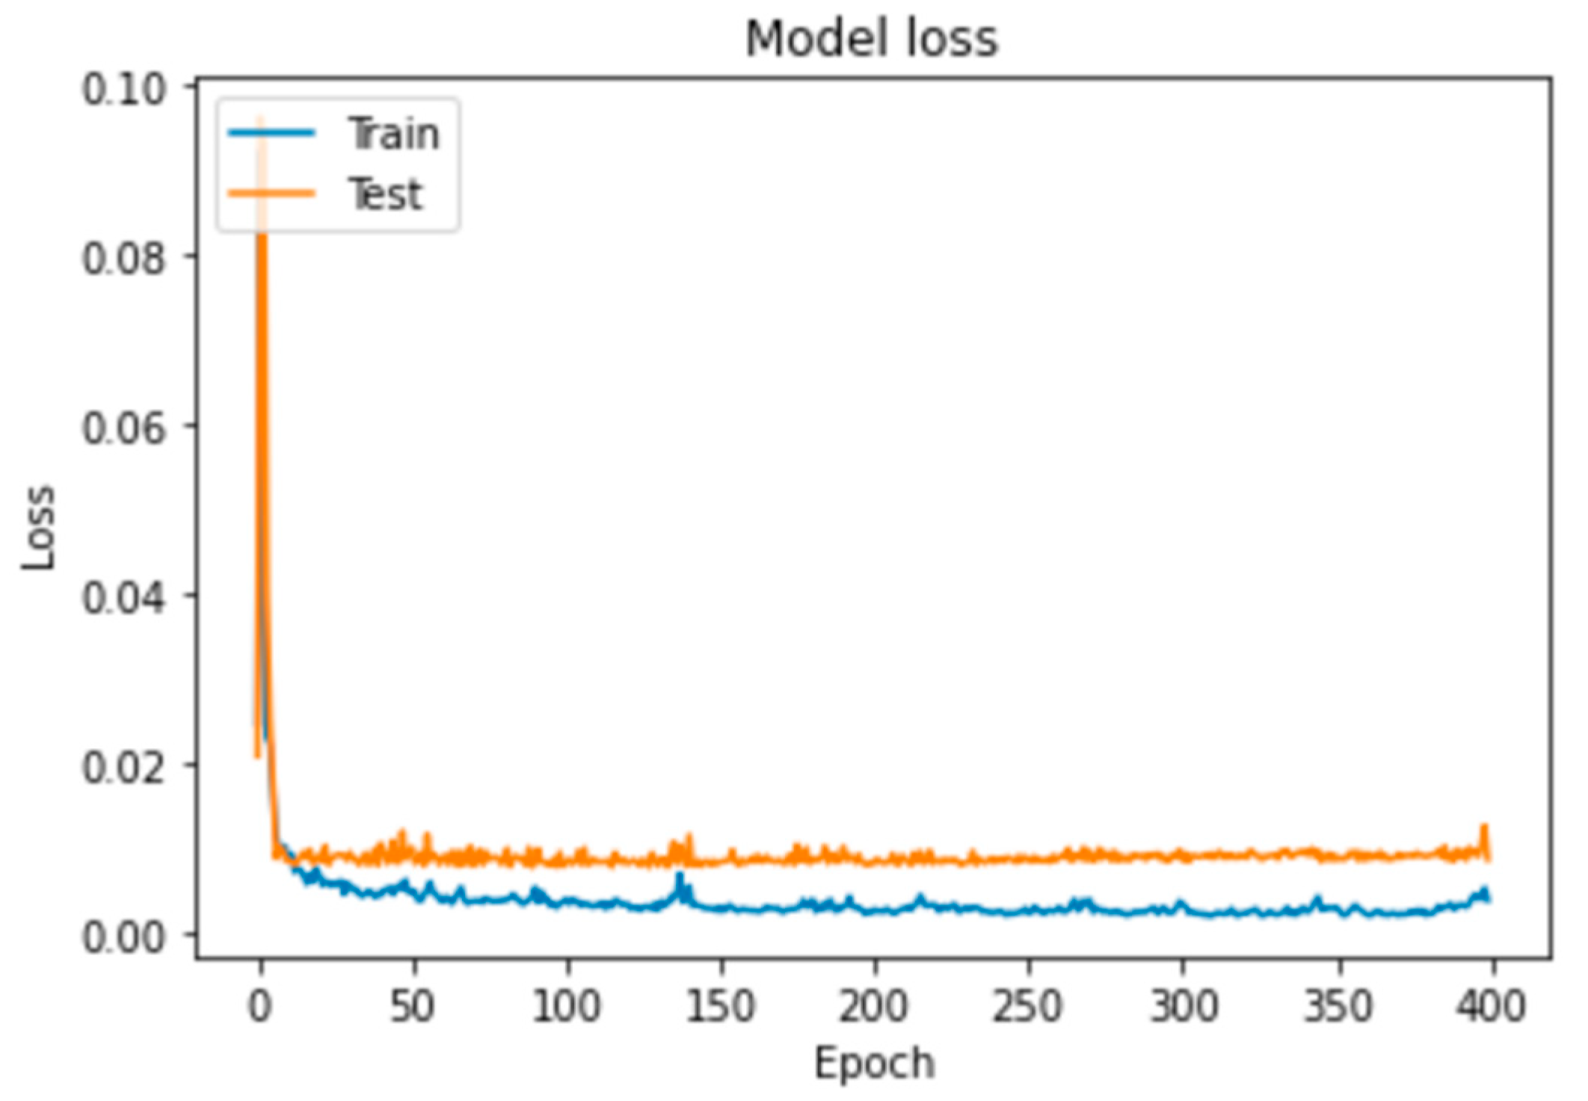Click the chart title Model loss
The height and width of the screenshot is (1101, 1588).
click(872, 39)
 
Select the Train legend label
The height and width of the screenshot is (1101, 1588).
click(394, 135)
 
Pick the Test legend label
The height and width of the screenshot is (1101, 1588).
click(386, 194)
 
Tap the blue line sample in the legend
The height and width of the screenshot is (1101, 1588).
click(271, 134)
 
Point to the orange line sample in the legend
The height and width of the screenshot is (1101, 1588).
click(271, 194)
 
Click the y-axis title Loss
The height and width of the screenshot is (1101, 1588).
click(39, 528)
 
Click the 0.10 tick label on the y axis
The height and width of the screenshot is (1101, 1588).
click(123, 90)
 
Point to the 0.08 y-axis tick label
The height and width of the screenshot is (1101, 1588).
click(123, 259)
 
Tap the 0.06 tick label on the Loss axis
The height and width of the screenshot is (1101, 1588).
click(123, 428)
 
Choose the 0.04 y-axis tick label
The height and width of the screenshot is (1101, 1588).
click(123, 598)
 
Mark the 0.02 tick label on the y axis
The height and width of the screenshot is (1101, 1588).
click(123, 767)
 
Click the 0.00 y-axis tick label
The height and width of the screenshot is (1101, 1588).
click(123, 937)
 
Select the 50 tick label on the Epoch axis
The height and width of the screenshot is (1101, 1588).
click(413, 1006)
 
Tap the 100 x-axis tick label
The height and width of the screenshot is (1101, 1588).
click(566, 1006)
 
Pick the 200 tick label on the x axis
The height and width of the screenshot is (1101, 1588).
click(873, 1006)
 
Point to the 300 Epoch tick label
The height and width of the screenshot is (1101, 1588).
click(1183, 1006)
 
